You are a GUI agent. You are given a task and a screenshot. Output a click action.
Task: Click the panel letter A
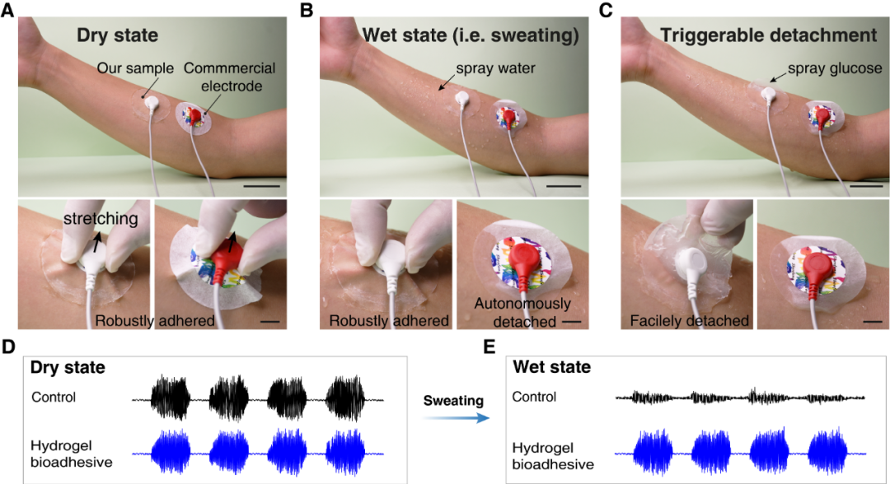click(x=7, y=10)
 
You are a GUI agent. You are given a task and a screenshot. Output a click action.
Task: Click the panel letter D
click(x=7, y=347)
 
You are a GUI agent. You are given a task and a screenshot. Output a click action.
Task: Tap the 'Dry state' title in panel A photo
click(x=118, y=35)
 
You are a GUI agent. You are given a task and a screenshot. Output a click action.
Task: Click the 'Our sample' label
click(x=135, y=68)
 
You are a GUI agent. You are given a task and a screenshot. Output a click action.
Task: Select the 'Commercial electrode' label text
click(x=230, y=77)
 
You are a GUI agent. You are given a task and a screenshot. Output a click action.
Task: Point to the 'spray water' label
click(x=495, y=68)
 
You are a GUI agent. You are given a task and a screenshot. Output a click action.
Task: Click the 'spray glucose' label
click(x=834, y=68)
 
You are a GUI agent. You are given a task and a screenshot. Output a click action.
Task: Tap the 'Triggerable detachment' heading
click(x=769, y=35)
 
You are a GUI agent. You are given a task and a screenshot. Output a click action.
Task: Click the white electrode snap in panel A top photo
click(x=152, y=103)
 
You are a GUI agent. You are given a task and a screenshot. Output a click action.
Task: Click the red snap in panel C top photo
click(x=822, y=115)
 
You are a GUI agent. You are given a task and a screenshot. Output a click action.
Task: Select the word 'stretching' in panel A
click(x=101, y=219)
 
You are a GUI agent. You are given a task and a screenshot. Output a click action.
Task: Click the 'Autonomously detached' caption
click(x=522, y=312)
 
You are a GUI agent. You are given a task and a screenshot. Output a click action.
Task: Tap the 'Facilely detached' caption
click(x=689, y=321)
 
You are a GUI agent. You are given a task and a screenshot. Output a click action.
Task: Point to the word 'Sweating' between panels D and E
click(x=453, y=401)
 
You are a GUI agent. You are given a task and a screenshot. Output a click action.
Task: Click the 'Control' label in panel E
click(x=534, y=397)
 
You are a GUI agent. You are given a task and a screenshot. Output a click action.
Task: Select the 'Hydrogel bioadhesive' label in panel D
click(x=72, y=454)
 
